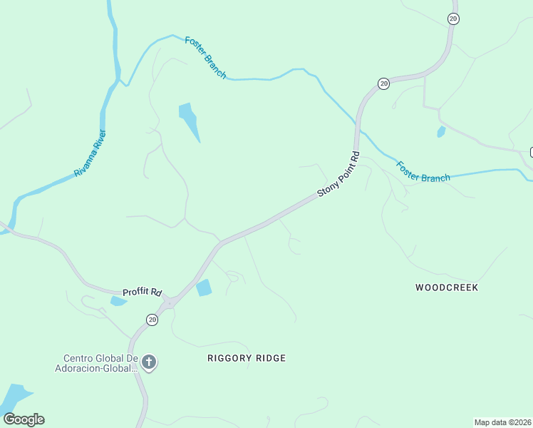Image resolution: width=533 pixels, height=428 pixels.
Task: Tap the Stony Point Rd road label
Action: point(338,175)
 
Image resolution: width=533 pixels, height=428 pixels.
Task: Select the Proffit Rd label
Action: point(143,292)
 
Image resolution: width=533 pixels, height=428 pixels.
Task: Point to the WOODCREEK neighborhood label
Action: point(447,287)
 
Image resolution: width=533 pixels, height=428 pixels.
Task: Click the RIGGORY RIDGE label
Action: point(247,358)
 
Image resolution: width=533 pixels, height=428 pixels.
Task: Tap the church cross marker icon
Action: point(149,362)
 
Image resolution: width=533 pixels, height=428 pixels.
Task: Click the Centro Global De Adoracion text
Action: point(100,363)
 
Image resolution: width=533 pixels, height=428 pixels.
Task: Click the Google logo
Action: point(24,419)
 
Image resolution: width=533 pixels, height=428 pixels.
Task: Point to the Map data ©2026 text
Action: point(502,422)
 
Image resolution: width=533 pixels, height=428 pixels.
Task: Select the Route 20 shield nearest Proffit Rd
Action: point(152,320)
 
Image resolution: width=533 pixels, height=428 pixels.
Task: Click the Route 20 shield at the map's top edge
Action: point(453,19)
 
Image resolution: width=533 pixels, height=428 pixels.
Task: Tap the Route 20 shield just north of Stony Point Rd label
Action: point(383,83)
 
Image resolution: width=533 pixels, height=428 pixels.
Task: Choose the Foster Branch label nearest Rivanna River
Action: point(205,57)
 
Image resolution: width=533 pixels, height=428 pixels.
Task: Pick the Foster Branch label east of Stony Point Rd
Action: point(423,172)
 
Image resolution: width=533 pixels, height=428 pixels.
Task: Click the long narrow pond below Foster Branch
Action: point(190,121)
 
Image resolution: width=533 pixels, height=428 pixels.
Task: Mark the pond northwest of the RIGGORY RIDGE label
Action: point(204,287)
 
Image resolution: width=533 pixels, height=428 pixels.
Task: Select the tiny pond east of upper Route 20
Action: point(441,132)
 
